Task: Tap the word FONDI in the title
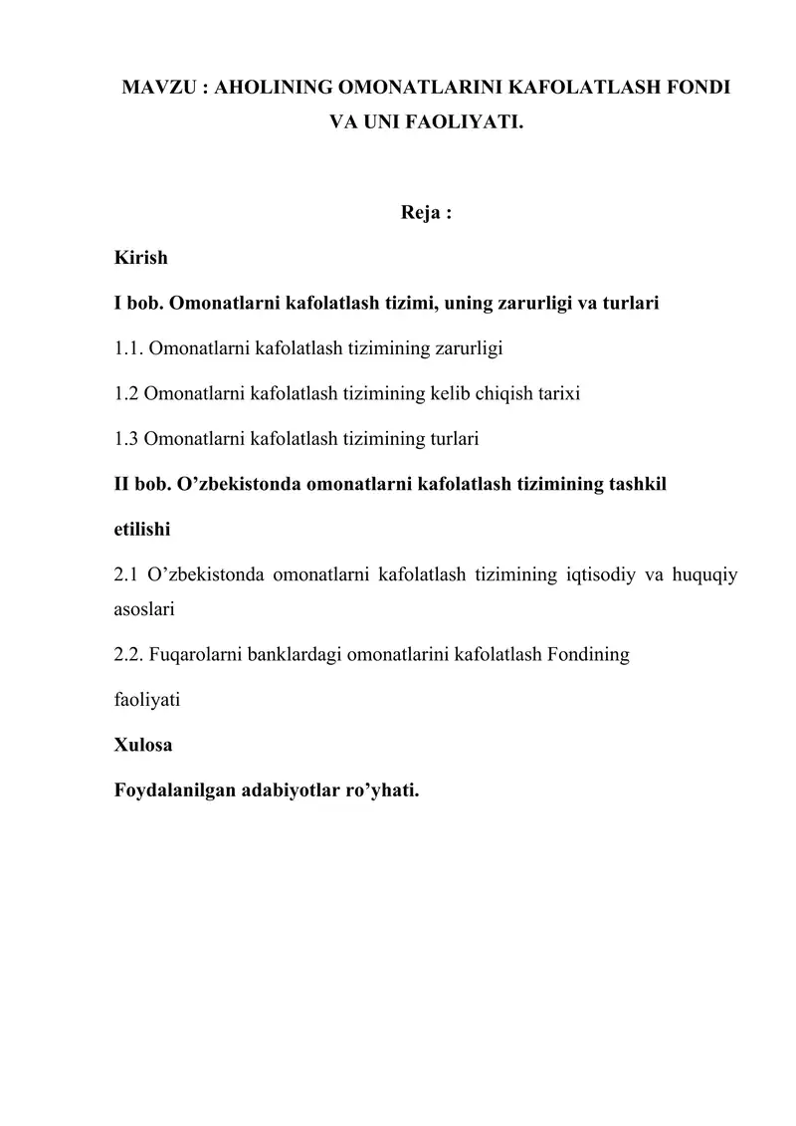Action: click(700, 88)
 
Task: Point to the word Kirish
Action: click(141, 258)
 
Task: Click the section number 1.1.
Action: click(127, 347)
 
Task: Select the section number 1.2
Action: click(125, 392)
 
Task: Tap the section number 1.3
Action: click(125, 437)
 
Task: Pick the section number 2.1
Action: click(125, 573)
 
